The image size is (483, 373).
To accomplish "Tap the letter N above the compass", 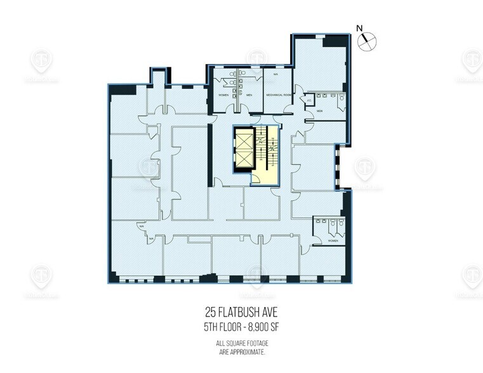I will (x=359, y=28).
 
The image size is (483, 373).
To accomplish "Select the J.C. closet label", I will (x=309, y=99).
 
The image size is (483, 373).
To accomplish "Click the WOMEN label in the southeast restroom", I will (x=331, y=242).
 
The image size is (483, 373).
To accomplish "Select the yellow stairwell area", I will (x=266, y=155).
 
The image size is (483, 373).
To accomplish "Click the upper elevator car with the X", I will (x=244, y=138).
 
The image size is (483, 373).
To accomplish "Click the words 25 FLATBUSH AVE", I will (x=242, y=311).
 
